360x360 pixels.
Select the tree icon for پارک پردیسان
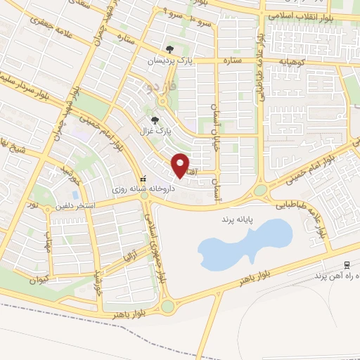pyautogui.click(x=169, y=49)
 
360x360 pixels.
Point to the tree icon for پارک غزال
pyautogui.click(x=155, y=120)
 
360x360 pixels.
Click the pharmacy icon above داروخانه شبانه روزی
pyautogui.click(x=143, y=179)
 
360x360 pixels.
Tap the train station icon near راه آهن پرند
pyautogui.click(x=347, y=265)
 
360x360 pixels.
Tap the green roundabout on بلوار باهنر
pyautogui.click(x=168, y=307)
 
